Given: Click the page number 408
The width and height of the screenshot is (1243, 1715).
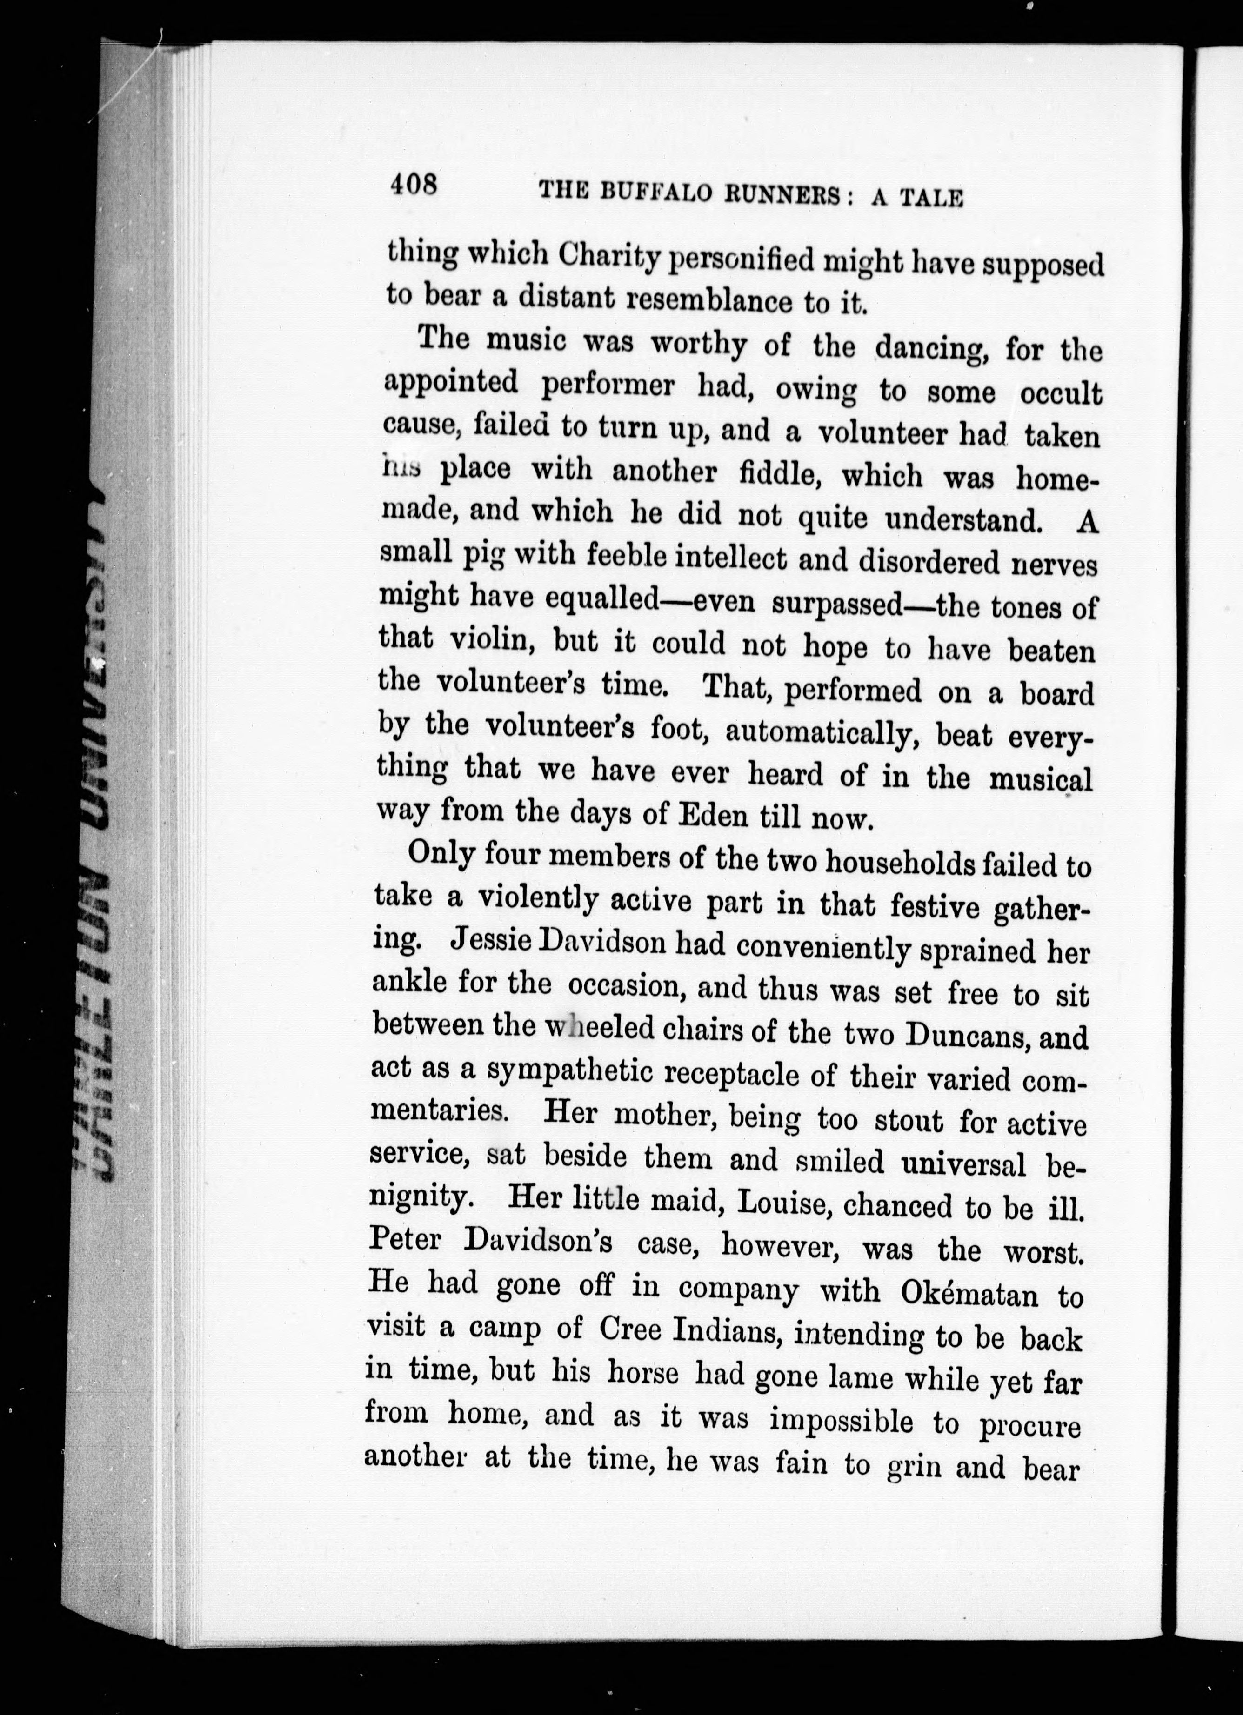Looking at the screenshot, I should (414, 185).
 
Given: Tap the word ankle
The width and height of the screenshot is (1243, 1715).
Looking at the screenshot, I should (409, 982).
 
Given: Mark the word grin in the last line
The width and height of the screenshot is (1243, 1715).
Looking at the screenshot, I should (914, 1468).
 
